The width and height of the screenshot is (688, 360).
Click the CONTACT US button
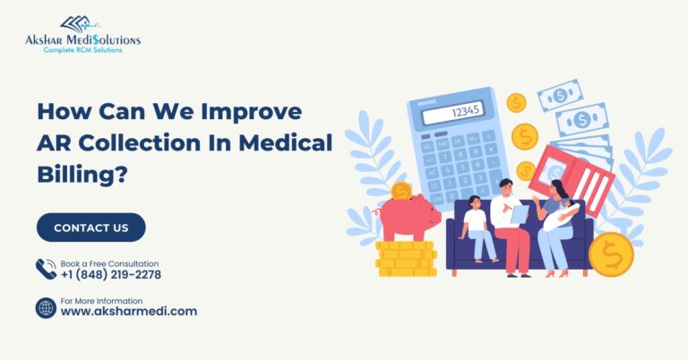point(90,227)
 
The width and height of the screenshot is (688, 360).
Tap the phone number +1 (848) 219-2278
point(111,275)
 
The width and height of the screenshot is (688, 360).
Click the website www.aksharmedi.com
point(129,312)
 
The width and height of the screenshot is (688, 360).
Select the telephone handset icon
point(46,270)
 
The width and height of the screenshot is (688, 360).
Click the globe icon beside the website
point(46,308)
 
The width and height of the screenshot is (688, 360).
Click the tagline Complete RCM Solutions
point(82,50)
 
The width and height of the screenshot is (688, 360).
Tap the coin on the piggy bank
point(401,191)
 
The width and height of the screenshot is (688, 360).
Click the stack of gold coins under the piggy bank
point(405,260)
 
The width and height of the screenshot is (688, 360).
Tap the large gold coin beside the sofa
point(611,254)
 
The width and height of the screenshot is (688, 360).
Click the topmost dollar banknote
point(560,94)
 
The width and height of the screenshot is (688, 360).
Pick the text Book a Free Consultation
point(109,263)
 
